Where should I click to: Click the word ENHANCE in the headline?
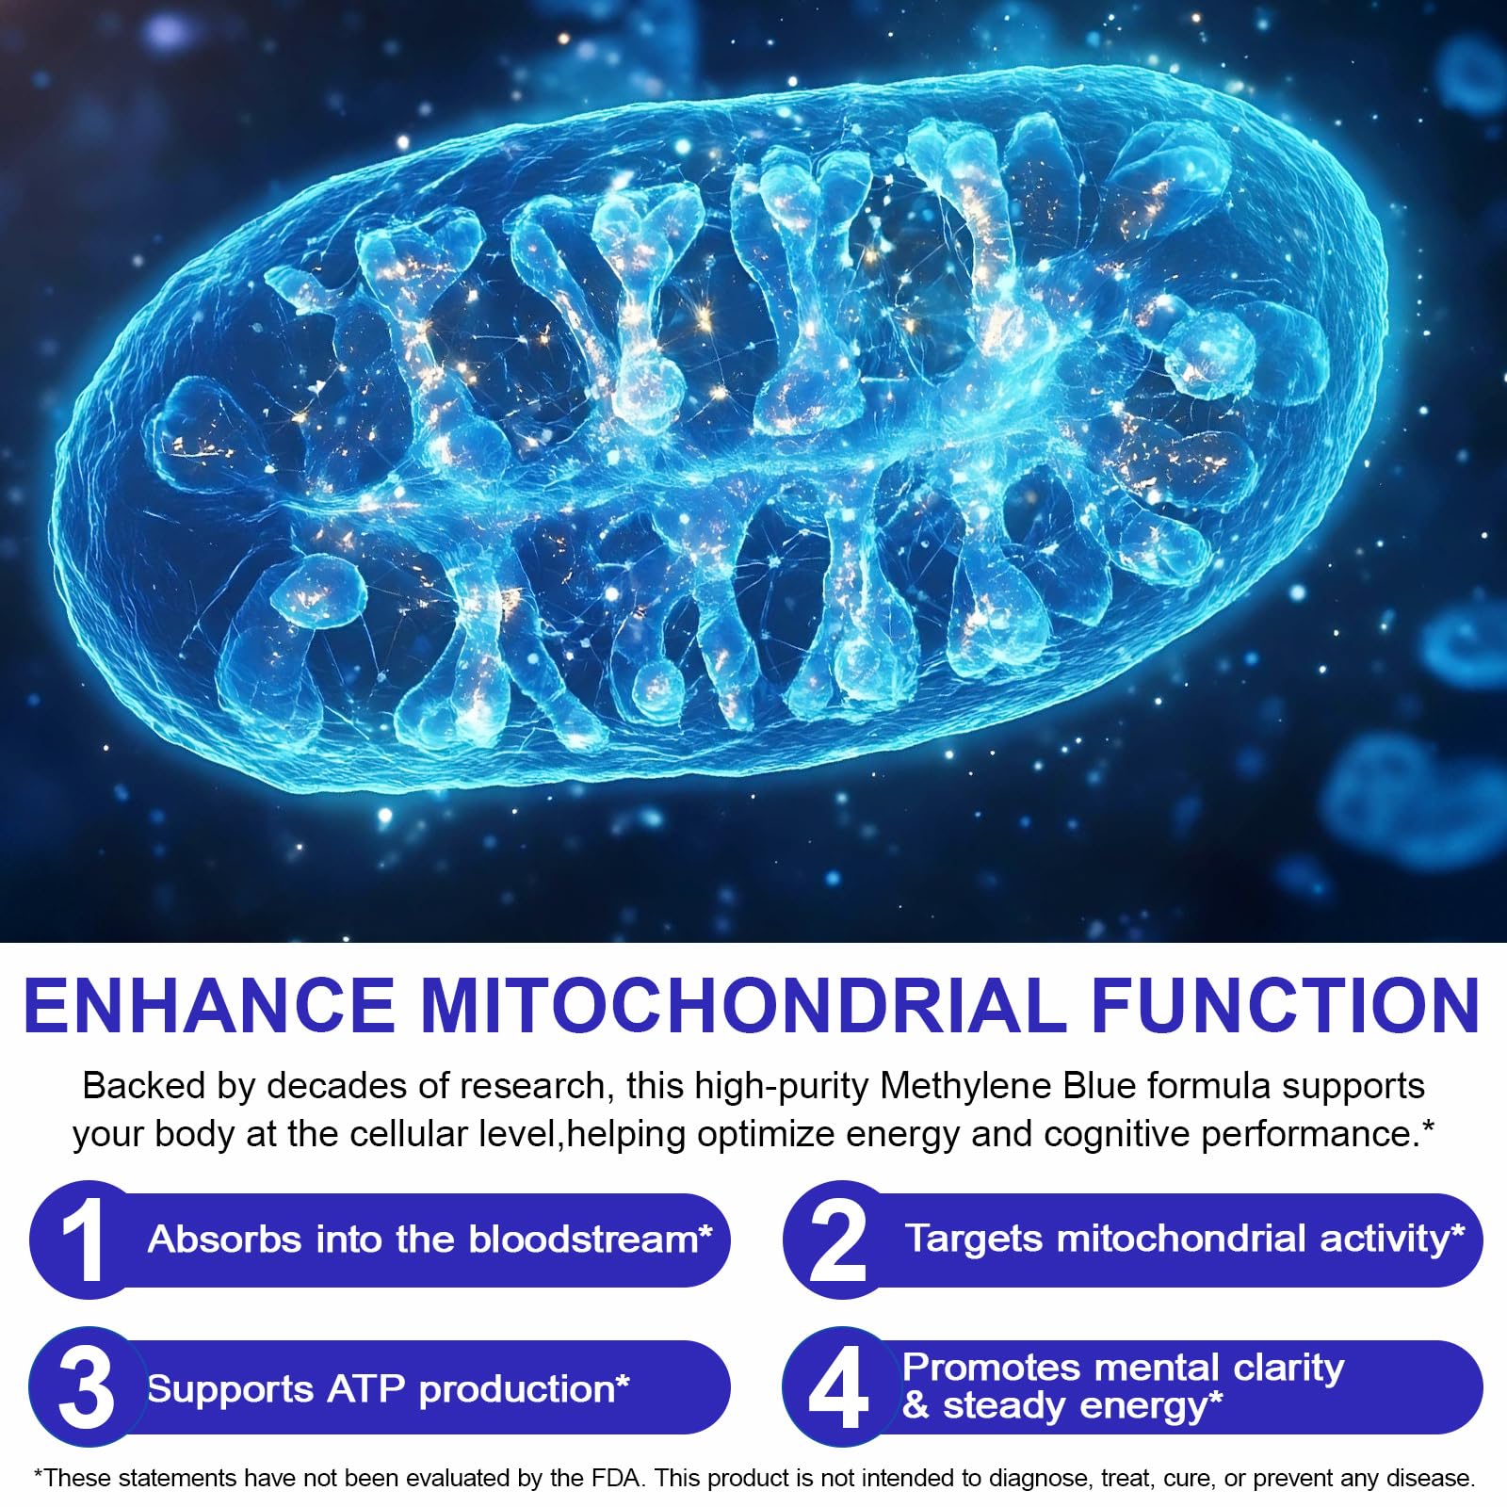point(209,1006)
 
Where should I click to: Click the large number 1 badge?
point(82,1240)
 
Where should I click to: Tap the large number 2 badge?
point(837,1240)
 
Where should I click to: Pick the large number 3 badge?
point(86,1387)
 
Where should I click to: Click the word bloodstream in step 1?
point(584,1240)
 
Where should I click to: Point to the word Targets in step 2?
point(975,1240)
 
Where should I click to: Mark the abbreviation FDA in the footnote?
point(614,1478)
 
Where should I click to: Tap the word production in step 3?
point(516,1390)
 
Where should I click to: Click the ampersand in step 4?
point(916,1405)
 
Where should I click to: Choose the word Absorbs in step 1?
point(224,1240)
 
